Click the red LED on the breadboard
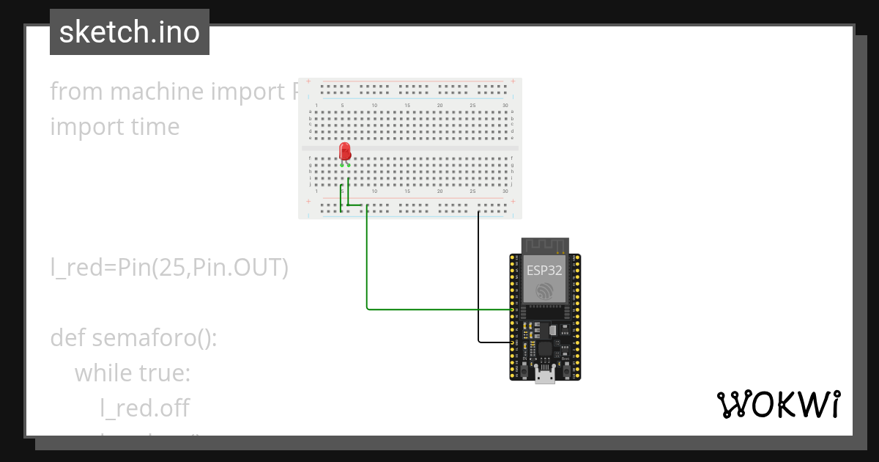click(345, 152)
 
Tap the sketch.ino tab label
click(130, 32)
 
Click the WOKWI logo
click(778, 405)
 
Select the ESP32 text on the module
click(544, 270)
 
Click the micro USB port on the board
click(545, 377)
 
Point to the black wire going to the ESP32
click(478, 293)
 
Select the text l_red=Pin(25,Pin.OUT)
click(169, 268)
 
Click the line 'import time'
click(115, 127)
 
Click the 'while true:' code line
click(133, 373)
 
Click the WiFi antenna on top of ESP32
click(545, 246)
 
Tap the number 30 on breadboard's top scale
click(505, 106)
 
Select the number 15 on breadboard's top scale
click(407, 106)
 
